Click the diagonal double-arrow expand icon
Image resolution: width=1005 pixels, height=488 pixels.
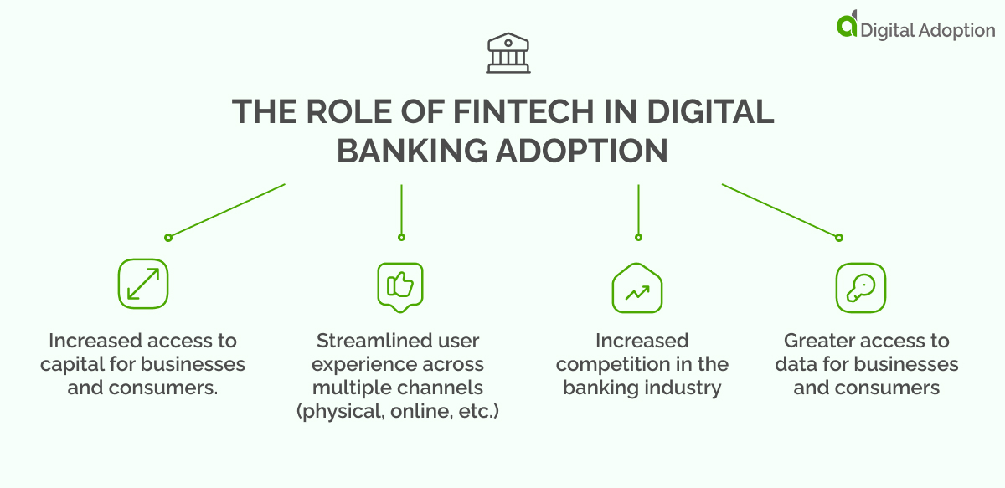[x=143, y=284]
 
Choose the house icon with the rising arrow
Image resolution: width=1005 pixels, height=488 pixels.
[x=637, y=288]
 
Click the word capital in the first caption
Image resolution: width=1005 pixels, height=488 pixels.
[x=80, y=365]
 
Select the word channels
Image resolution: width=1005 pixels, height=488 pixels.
[x=449, y=388]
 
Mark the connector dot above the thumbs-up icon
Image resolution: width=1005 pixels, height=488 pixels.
[x=401, y=238]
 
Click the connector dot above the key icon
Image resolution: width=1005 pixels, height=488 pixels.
[x=838, y=238]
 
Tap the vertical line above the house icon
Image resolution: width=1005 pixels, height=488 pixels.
[x=638, y=209]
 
